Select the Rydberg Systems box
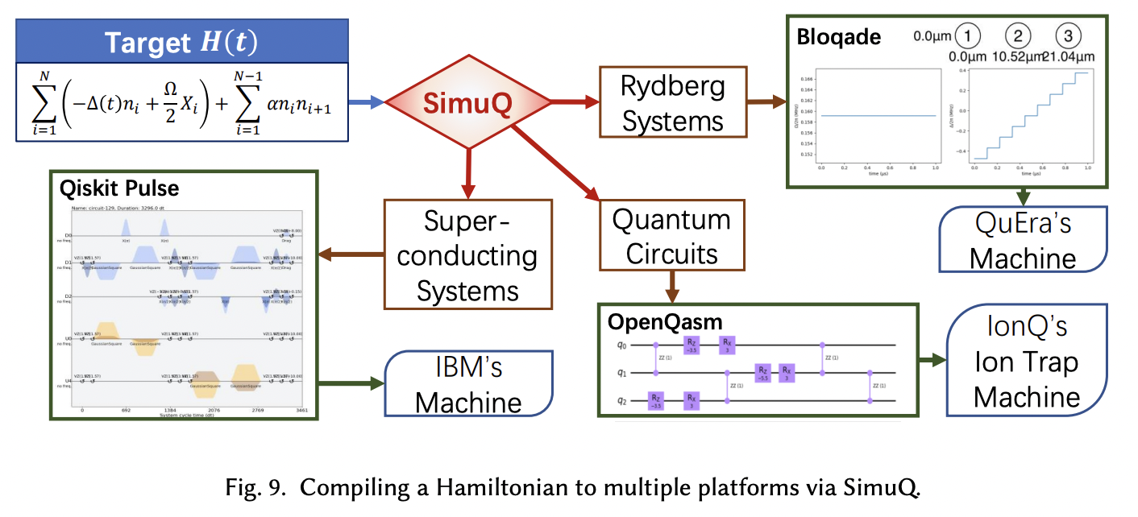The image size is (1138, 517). point(662,103)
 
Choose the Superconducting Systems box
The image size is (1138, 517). point(468,254)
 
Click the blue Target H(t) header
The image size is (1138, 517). point(181,43)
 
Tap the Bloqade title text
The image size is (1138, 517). point(838,37)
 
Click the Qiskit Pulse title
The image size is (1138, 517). point(119,188)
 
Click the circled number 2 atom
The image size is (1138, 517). point(1019,35)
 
